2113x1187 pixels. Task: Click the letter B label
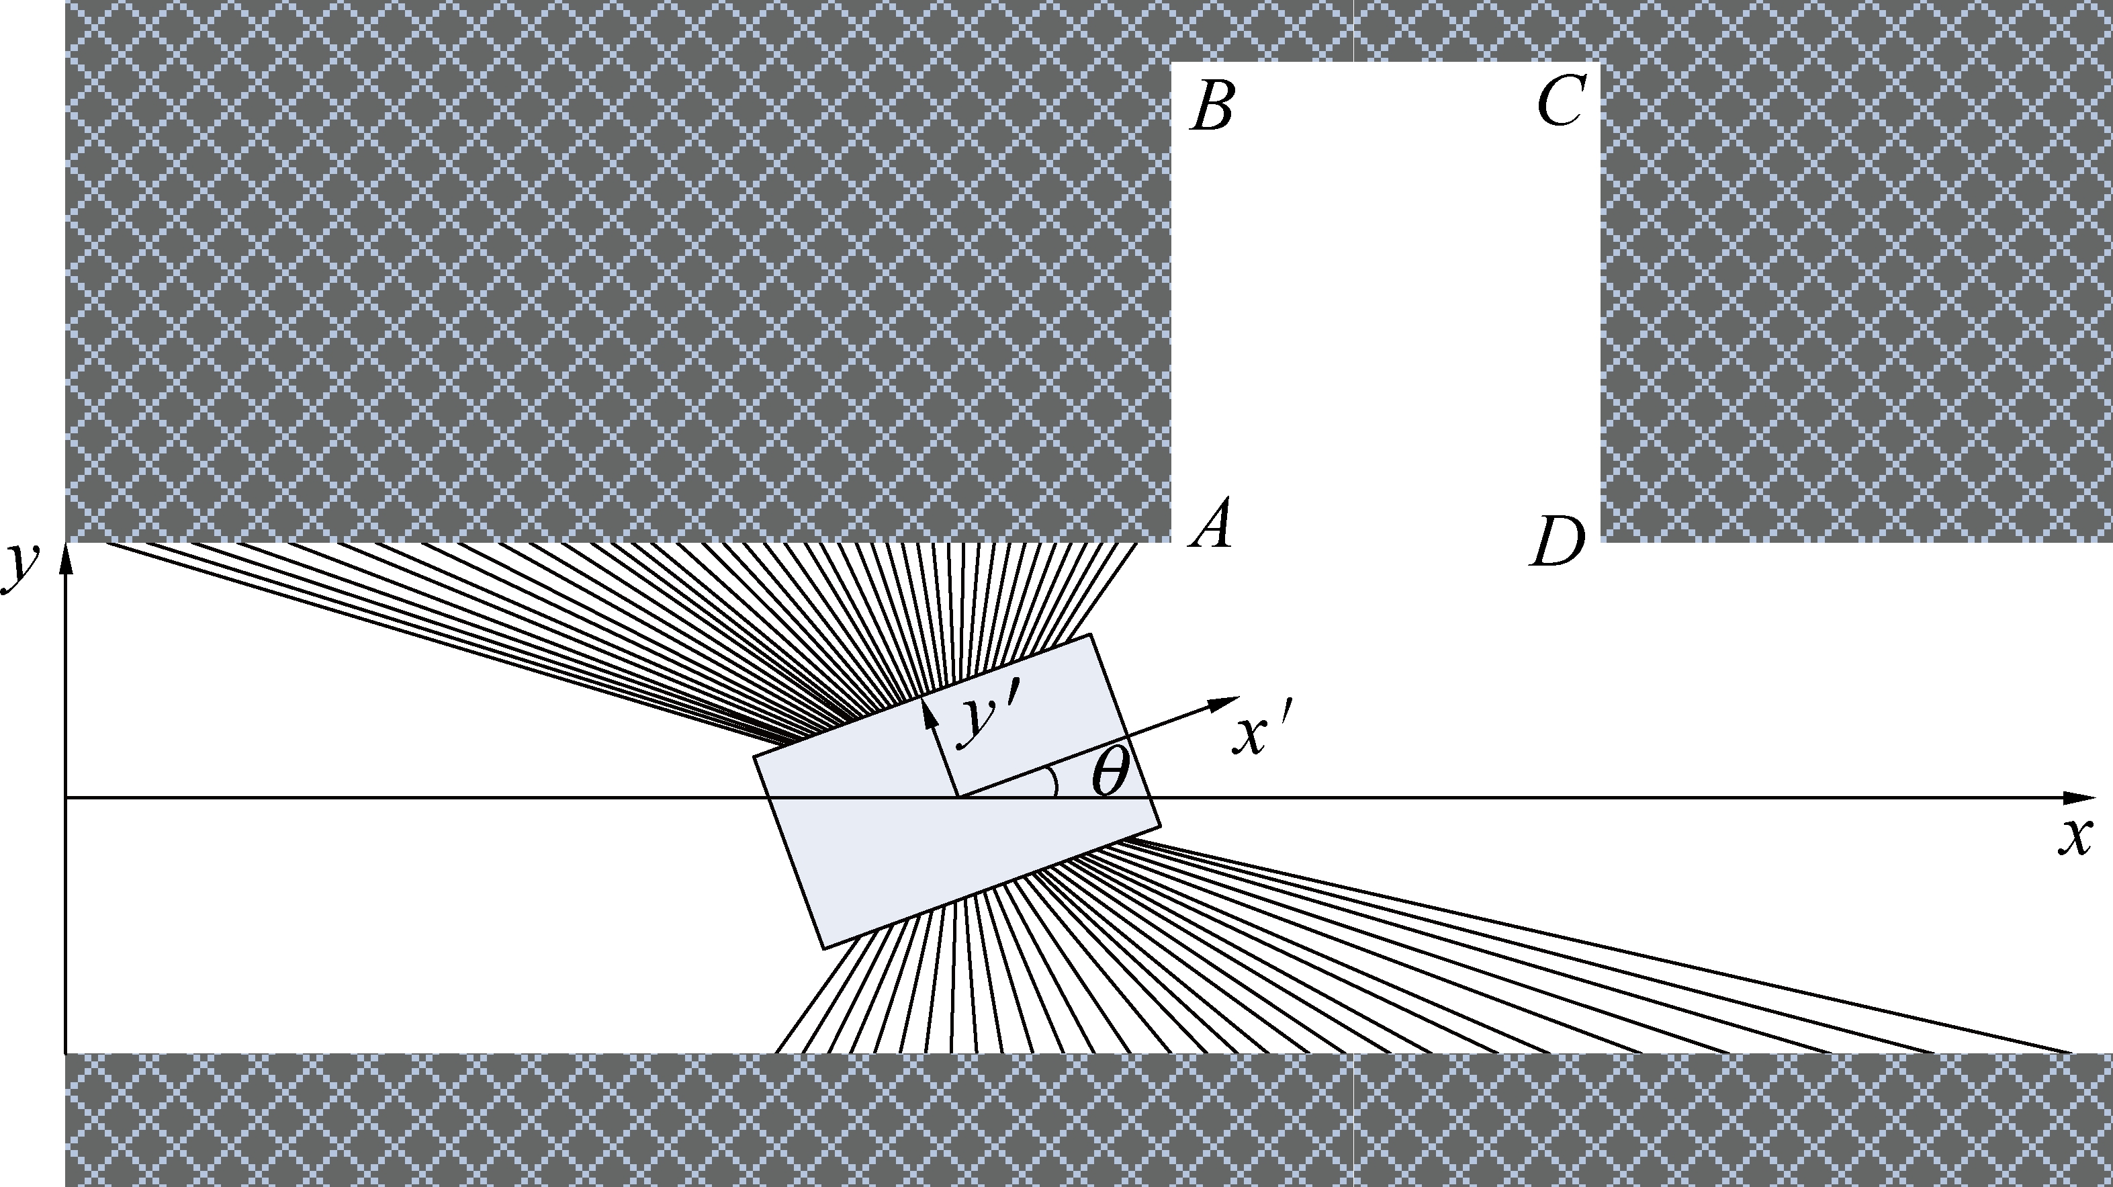1212,107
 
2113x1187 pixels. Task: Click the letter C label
1562,101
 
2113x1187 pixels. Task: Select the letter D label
1557,541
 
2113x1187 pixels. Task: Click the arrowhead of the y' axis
928,712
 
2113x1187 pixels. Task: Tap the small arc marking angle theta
1054,783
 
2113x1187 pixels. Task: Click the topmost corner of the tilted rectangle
1090,634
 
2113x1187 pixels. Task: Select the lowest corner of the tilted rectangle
823,949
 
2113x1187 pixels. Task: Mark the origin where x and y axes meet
66,797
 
